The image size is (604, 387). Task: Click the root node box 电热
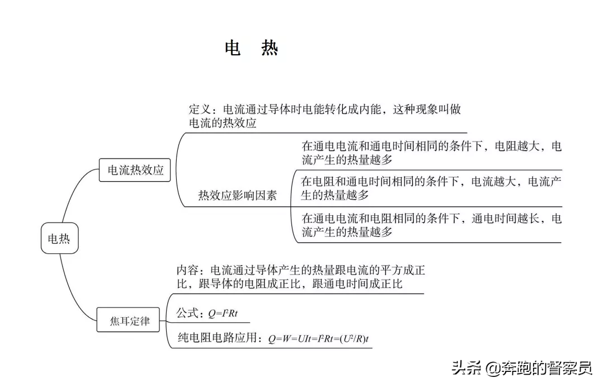[x=60, y=238]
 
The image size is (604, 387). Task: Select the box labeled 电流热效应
[x=135, y=170]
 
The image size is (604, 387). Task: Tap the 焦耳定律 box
[x=128, y=320]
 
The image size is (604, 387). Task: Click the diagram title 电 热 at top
[x=252, y=48]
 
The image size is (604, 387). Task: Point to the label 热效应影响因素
[x=237, y=195]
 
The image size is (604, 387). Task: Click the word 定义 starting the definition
[x=200, y=110]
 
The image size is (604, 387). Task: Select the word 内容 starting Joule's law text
[x=187, y=270]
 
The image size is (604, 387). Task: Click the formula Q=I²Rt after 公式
[x=223, y=313]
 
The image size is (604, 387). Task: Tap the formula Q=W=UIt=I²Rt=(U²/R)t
[x=319, y=339]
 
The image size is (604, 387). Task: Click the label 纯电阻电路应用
[x=217, y=338]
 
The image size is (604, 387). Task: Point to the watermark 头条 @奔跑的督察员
[x=522, y=368]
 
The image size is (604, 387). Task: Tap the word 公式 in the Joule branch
[x=187, y=313]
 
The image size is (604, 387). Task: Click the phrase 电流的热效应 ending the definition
[x=223, y=123]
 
